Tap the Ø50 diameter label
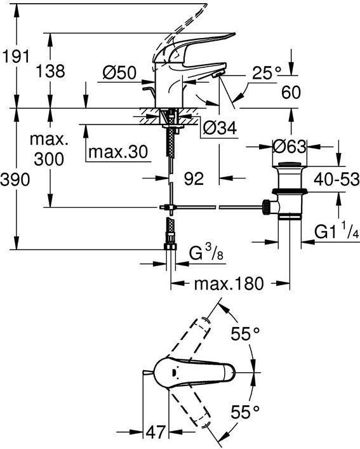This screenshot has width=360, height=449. [x=119, y=74]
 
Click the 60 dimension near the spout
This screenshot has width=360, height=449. [x=291, y=93]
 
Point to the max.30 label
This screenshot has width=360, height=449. [x=118, y=152]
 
